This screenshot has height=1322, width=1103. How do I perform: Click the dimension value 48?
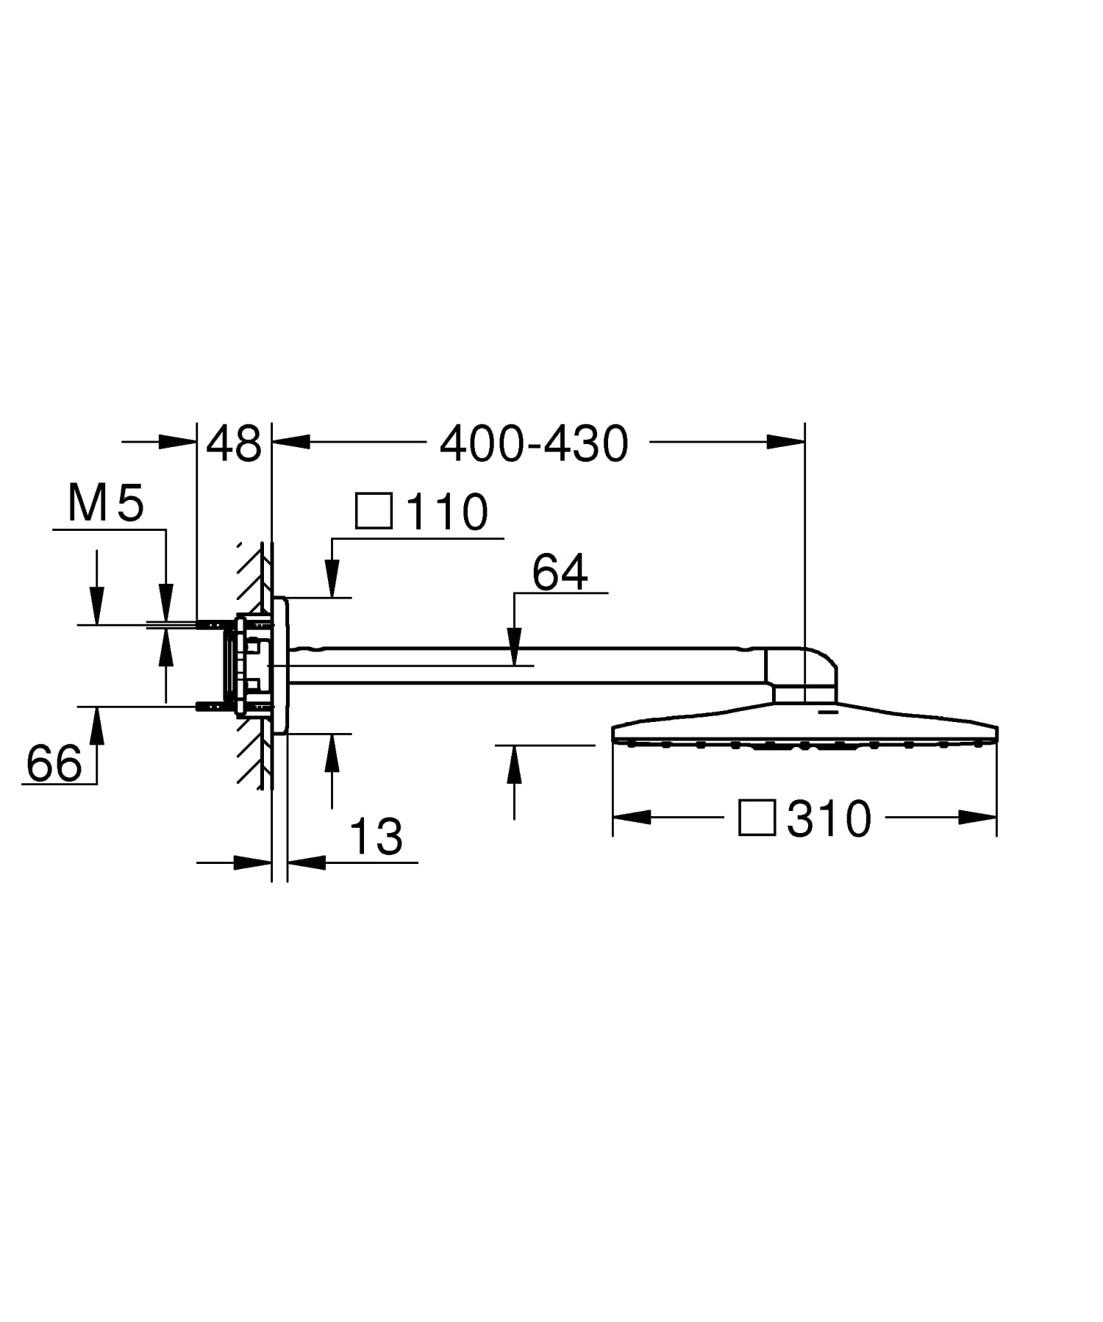(234, 443)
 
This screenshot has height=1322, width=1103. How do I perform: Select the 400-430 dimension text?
(534, 443)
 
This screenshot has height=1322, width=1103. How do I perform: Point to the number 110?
(447, 512)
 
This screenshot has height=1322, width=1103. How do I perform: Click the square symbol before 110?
(374, 511)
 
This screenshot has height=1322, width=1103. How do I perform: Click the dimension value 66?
(54, 763)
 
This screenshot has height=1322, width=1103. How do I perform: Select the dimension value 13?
(376, 837)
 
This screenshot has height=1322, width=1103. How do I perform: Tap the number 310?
(829, 818)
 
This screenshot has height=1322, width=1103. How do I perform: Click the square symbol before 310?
(757, 818)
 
